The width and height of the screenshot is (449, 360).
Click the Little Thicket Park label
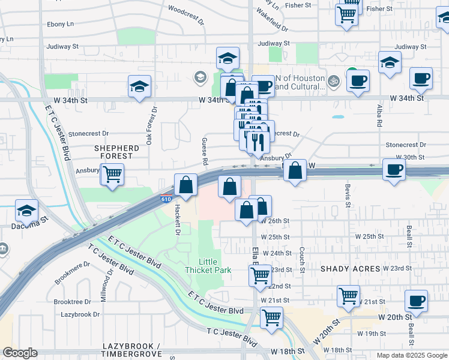pos(215,266)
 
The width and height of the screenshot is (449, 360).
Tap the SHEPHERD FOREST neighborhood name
pos(116,152)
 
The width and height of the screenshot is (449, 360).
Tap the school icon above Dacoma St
pos(27,211)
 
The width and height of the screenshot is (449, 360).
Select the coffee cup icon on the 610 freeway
pos(394,169)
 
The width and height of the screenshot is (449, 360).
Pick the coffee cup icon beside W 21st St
pos(416,301)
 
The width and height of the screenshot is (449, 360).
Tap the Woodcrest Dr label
pos(187,10)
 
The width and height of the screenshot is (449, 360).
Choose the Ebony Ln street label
pos(61,24)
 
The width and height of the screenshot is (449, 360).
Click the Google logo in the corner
pos(20,353)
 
